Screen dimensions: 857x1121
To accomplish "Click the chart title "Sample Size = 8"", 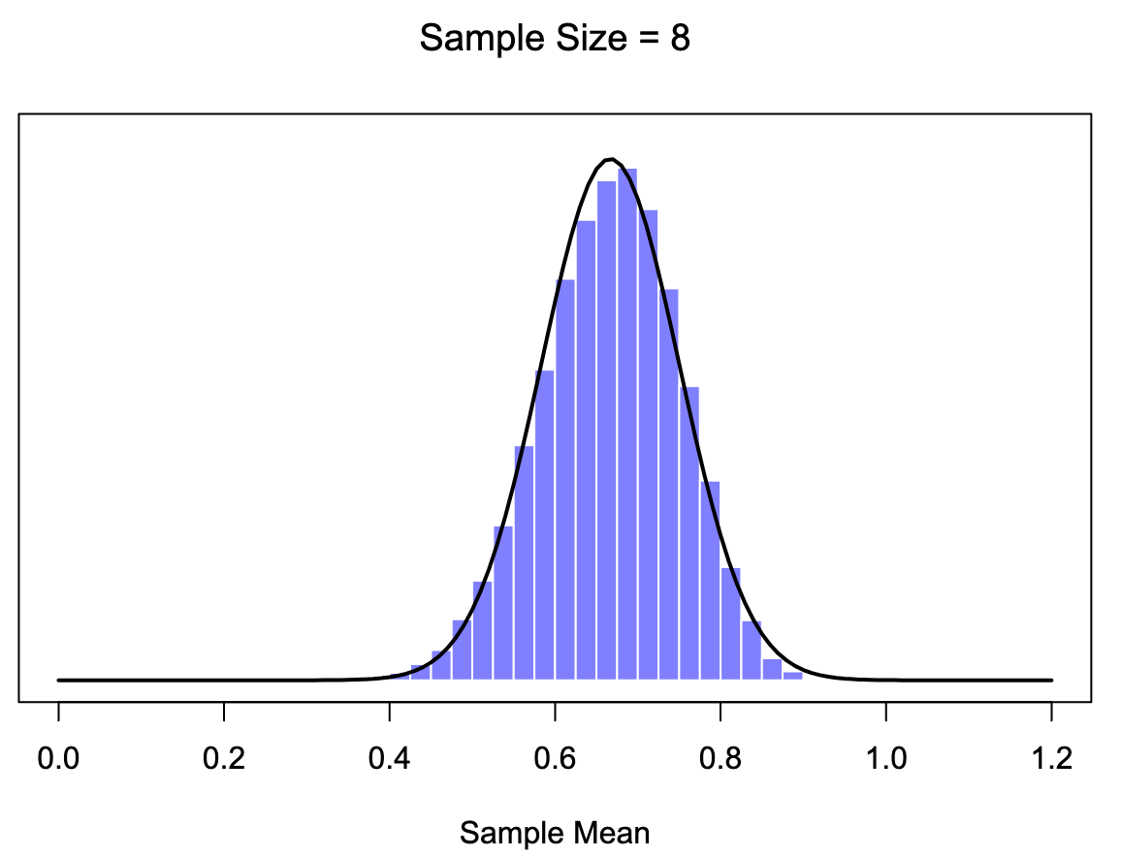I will coord(555,39).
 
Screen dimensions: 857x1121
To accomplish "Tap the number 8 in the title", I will coord(680,39).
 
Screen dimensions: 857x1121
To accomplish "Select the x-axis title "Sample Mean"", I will coord(555,832).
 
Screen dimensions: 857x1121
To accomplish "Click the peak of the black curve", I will coord(609,159).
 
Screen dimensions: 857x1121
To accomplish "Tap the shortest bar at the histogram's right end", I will coord(793,675).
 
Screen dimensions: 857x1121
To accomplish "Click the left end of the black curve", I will coord(59,680).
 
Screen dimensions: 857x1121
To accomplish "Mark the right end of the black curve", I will coord(1051,680).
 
